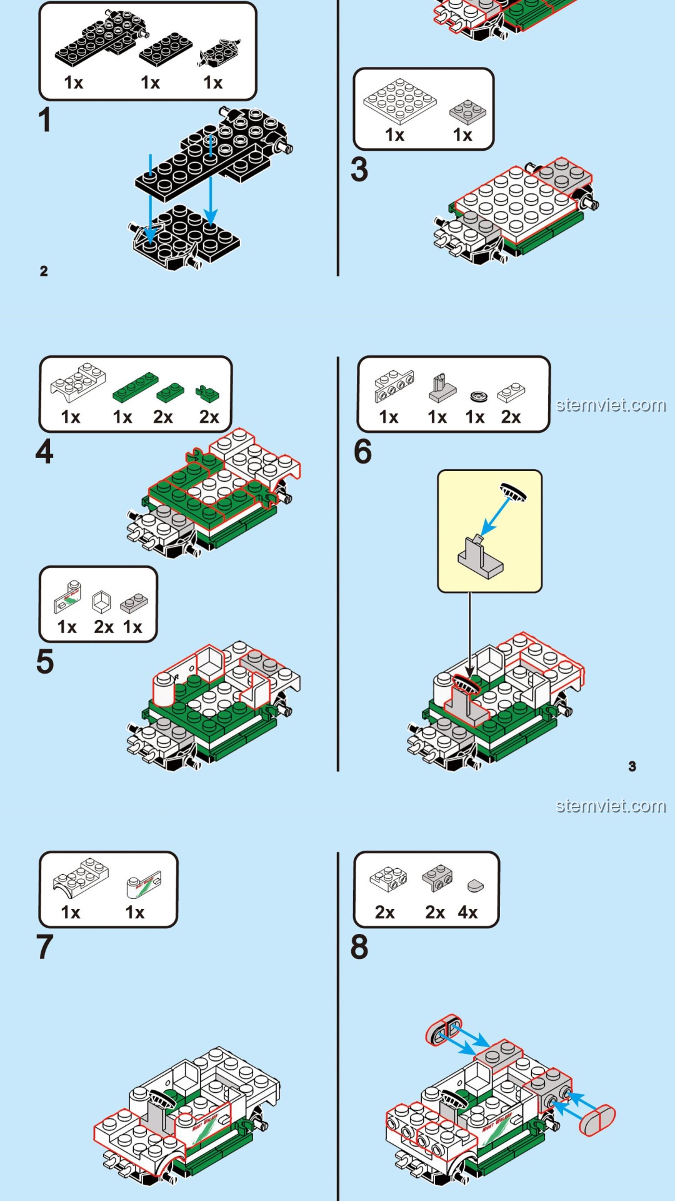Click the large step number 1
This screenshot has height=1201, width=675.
click(x=44, y=119)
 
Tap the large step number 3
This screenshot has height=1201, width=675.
click(x=359, y=170)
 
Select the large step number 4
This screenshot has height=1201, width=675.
click(x=44, y=452)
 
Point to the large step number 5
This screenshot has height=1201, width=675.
click(x=45, y=662)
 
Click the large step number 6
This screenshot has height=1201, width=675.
click(x=363, y=452)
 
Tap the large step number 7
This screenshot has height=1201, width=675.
click(x=45, y=947)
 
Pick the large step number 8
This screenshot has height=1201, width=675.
click(x=359, y=947)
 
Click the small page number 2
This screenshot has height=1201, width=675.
click(x=44, y=271)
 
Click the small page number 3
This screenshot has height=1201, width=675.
click(x=632, y=766)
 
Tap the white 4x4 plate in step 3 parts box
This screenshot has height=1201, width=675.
click(x=400, y=101)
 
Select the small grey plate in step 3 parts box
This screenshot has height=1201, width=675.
click(x=467, y=111)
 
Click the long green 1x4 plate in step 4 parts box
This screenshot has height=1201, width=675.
click(x=135, y=387)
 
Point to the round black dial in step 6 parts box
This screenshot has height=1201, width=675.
click(x=478, y=396)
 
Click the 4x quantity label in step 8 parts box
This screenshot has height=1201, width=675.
click(x=467, y=912)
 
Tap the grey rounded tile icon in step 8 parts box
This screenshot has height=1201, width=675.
click(x=475, y=885)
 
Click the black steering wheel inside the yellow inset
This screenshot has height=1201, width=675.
click(x=513, y=492)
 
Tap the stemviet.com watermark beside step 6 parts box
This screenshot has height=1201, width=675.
click(x=611, y=405)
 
